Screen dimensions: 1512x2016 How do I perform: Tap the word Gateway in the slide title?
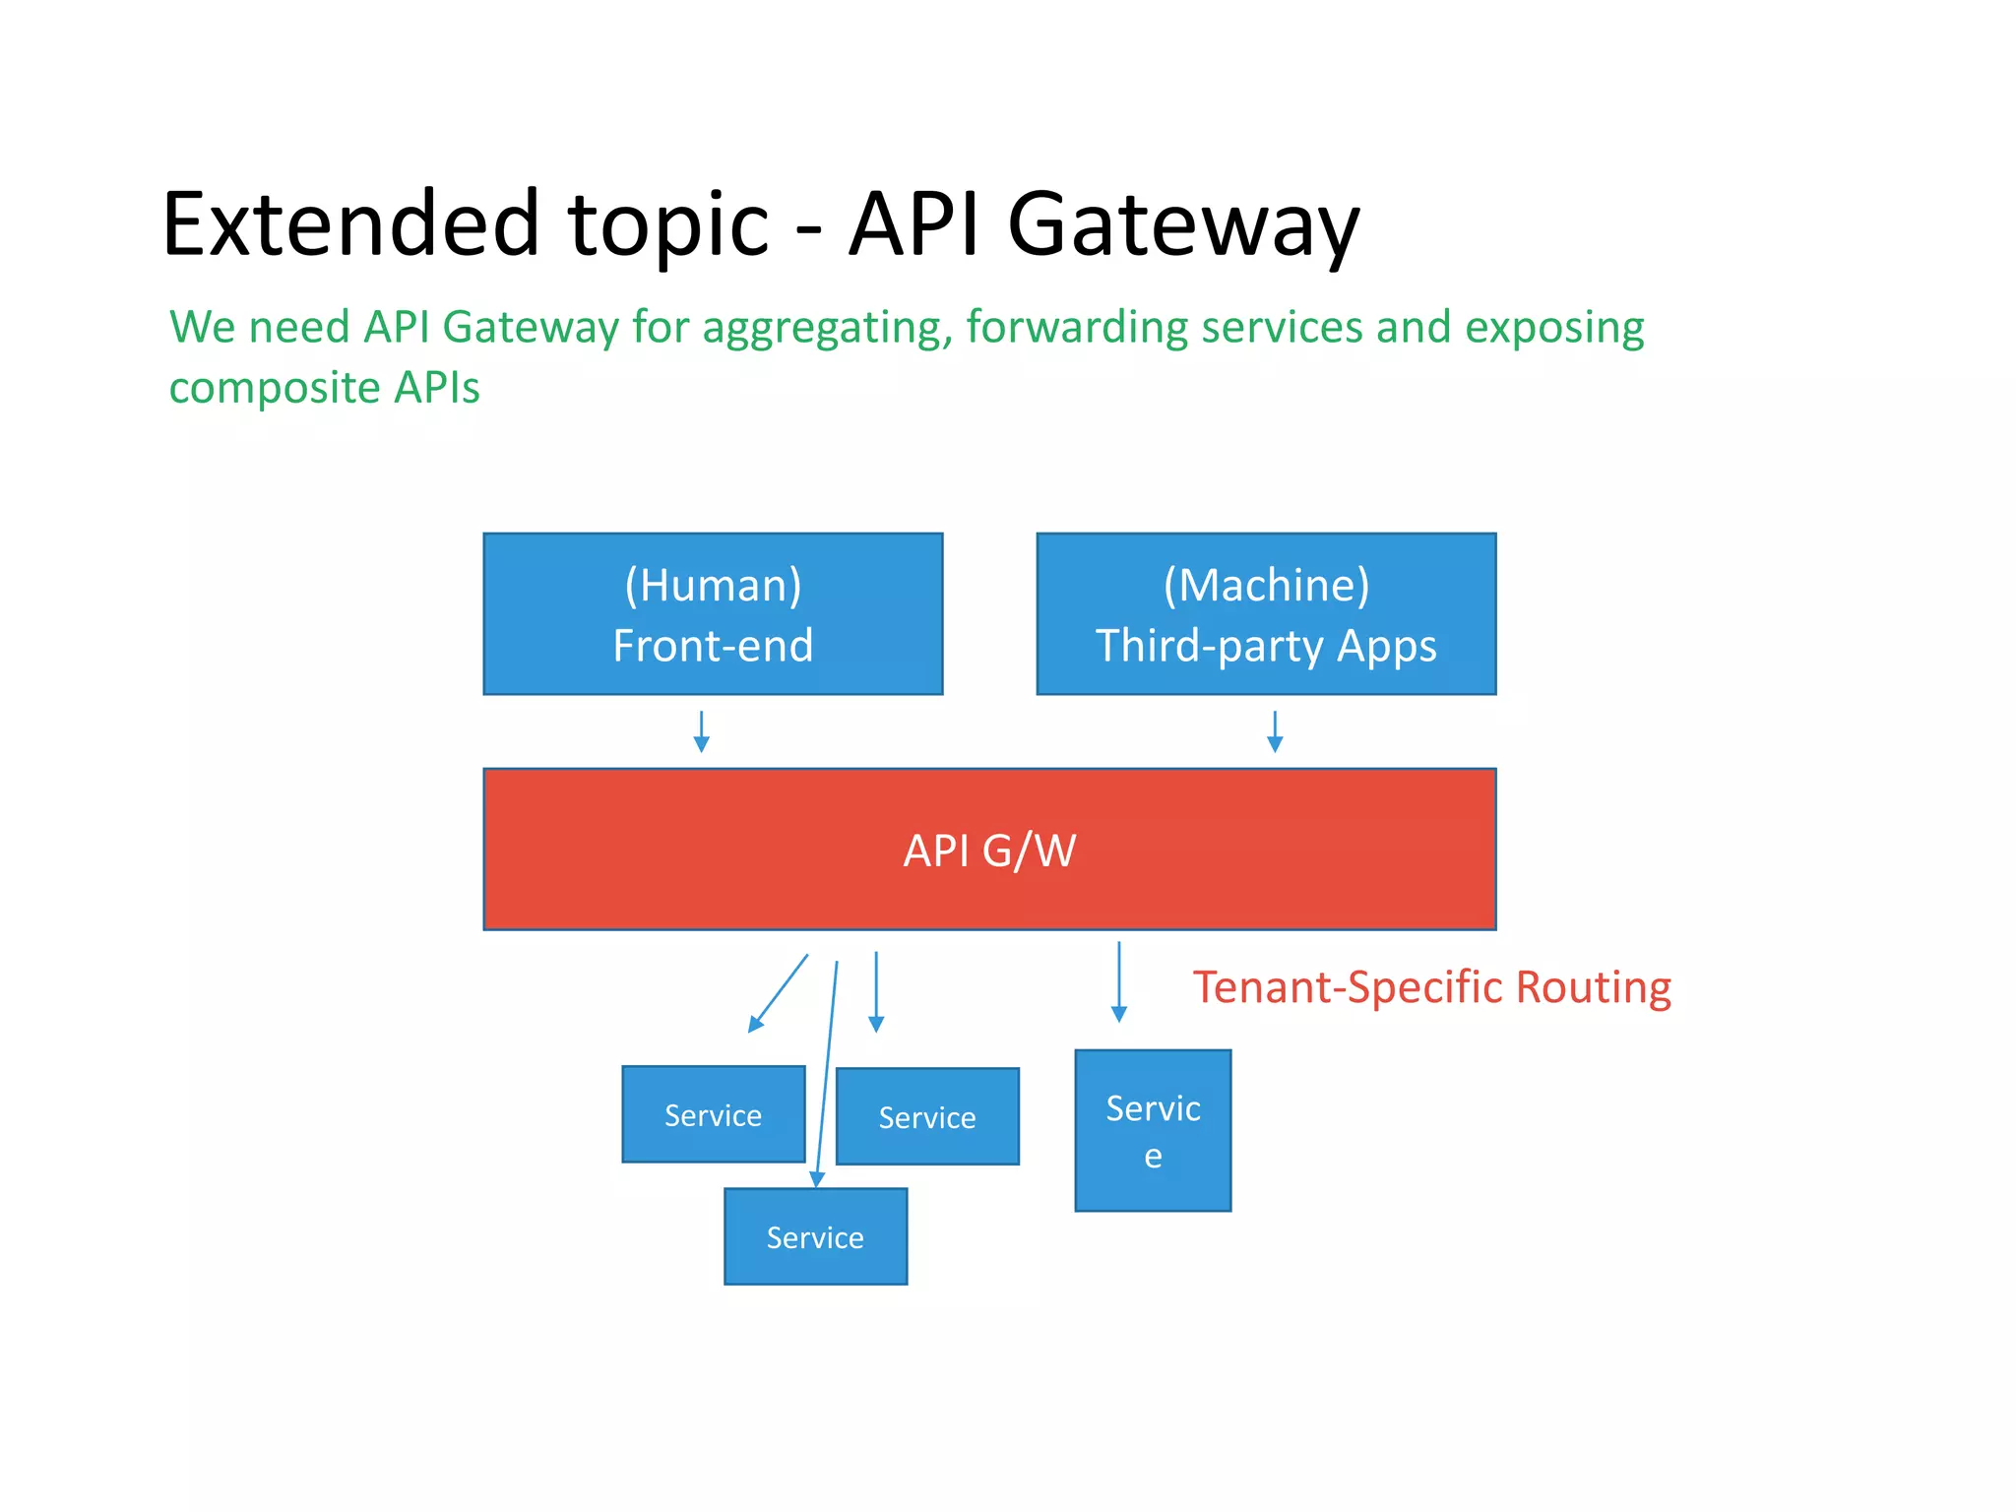1182,226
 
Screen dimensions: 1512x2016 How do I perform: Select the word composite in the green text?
275,388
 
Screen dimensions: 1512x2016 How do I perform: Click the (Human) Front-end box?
713,614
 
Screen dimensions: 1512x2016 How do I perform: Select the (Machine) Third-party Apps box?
1266,614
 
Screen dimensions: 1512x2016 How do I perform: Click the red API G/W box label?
989,850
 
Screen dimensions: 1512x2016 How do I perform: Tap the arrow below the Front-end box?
701,731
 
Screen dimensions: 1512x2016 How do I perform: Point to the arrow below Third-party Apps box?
1275,731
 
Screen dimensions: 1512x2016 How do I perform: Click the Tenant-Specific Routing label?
1431,987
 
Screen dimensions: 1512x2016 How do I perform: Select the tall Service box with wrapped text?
1153,1130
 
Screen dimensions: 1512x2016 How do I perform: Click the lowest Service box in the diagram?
815,1236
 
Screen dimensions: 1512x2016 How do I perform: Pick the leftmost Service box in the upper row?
713,1114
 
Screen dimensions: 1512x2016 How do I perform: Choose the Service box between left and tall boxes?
927,1116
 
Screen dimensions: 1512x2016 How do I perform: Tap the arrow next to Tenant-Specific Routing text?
1118,982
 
